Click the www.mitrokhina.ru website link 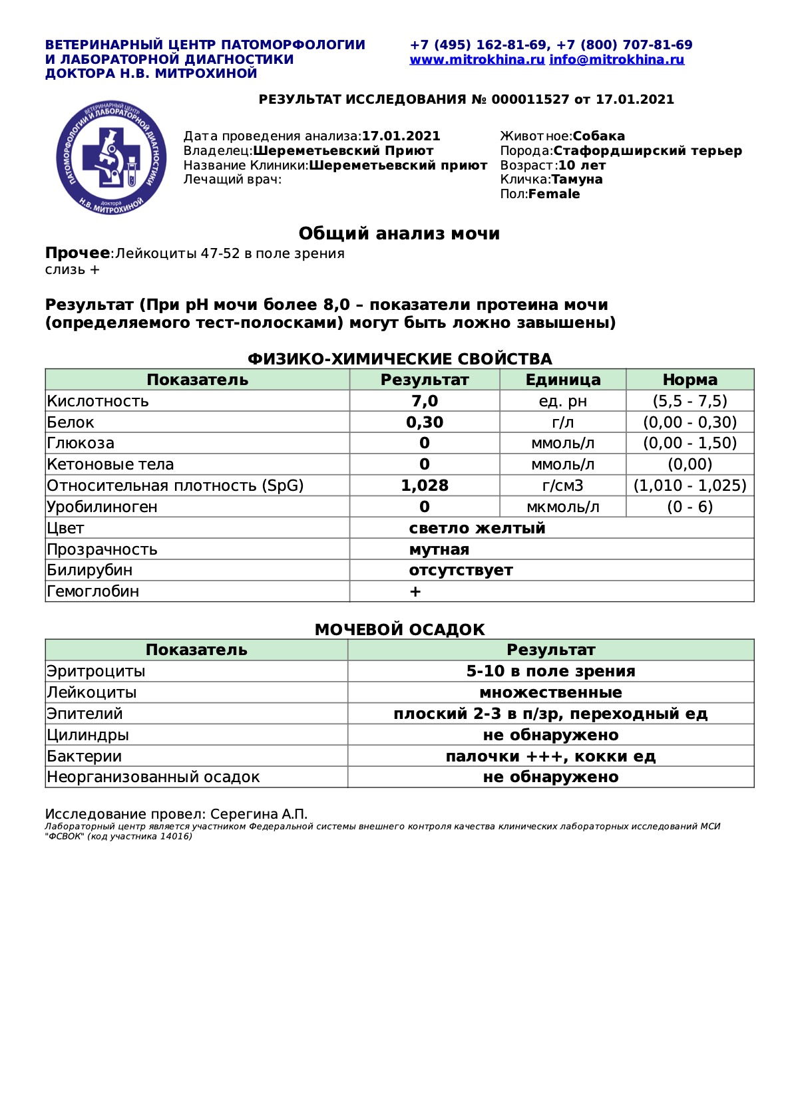(x=477, y=60)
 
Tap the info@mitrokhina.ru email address (x=617, y=60)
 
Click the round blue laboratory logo (x=111, y=158)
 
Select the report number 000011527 (x=530, y=100)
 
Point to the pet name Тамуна (x=577, y=180)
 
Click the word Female (x=554, y=194)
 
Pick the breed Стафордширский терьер (x=648, y=151)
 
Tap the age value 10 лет (x=582, y=166)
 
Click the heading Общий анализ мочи (x=399, y=233)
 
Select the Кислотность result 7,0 (x=425, y=401)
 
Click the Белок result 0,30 (x=425, y=422)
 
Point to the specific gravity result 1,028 (x=425, y=486)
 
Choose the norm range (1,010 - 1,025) (x=690, y=486)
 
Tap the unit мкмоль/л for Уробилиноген (x=562, y=507)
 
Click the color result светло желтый (x=477, y=528)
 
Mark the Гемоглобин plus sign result (x=415, y=591)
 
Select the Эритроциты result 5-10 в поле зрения (x=550, y=671)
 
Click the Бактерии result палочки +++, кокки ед (x=550, y=756)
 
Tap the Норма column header (x=690, y=380)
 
